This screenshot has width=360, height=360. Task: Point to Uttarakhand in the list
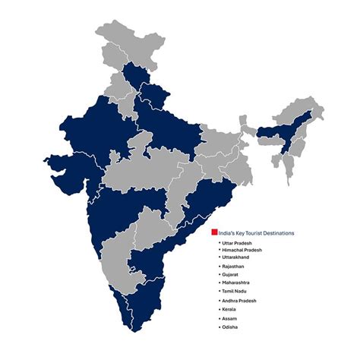pyautogui.click(x=239, y=257)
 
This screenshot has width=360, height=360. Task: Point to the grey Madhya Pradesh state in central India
pyautogui.click(x=148, y=163)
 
